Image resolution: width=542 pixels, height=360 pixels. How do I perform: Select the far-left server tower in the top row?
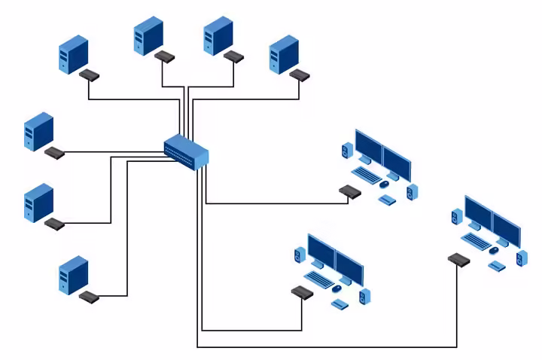74,55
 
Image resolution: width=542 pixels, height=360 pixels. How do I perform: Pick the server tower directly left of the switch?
38,132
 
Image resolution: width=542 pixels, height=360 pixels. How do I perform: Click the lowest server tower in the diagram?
74,275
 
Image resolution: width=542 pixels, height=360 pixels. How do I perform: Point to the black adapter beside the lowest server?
89,297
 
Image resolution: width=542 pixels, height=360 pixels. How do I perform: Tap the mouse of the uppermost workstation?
385,183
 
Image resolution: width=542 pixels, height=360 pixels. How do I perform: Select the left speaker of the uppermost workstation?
346,151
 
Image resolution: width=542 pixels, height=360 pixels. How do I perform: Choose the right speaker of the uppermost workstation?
411,191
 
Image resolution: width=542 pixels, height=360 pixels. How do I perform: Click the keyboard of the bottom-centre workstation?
318,279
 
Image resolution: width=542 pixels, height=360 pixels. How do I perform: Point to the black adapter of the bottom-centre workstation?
302,292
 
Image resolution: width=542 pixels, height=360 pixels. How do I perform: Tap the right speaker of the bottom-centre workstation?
364,296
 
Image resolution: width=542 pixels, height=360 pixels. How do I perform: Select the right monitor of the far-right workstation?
506,228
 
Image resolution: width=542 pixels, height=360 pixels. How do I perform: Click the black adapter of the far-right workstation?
458,260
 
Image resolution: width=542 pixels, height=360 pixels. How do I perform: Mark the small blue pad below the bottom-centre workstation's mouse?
340,304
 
